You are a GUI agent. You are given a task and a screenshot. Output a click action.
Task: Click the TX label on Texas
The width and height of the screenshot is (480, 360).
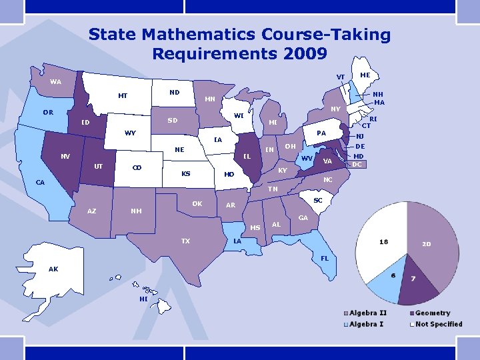[186, 241]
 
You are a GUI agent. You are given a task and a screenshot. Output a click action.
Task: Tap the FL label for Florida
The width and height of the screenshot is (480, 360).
[325, 257]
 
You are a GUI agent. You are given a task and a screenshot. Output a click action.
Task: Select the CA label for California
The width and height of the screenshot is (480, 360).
[41, 182]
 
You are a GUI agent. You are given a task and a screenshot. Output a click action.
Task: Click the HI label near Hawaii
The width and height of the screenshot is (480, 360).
[143, 299]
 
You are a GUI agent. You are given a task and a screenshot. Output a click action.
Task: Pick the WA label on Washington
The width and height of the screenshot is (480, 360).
[55, 82]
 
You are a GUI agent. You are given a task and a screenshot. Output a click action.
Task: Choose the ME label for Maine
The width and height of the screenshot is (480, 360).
[365, 75]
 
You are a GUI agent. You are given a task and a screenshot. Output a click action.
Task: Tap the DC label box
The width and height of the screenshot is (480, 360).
[357, 164]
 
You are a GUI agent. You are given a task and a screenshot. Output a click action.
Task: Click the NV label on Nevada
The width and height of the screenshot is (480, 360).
[65, 157]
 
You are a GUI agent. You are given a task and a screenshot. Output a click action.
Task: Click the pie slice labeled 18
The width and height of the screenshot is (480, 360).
[384, 241]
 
